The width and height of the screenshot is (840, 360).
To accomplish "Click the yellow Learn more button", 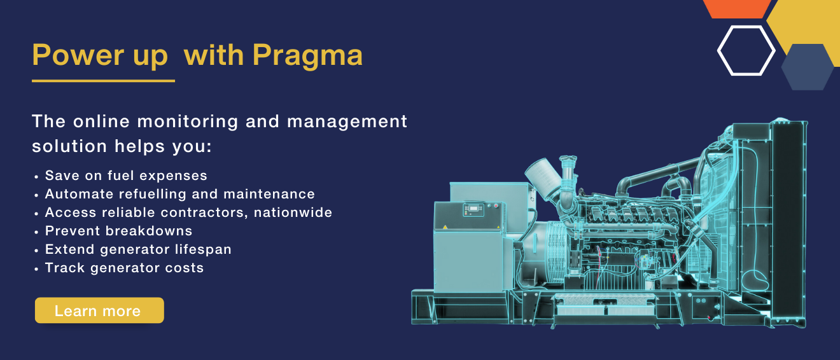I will coord(99,310).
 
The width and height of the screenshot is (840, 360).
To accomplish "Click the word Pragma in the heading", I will coord(308,56).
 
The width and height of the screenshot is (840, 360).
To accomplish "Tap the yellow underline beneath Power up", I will coord(103,81).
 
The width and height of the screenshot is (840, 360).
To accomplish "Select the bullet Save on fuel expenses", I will coord(126,176).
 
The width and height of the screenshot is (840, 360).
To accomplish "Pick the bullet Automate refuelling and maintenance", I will coord(180,194).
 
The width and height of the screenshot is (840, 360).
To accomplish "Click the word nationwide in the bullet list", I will coord(293,212).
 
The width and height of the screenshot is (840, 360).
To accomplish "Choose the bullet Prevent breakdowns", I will coord(118,231).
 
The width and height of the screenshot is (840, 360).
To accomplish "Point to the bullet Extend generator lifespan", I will coord(138,249).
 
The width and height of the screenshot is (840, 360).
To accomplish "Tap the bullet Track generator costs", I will coord(124,268).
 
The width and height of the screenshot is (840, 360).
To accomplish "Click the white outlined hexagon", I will coord(746,51).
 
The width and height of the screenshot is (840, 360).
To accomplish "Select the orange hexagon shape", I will coord(737,8).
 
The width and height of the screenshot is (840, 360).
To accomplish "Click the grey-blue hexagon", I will coord(807,67).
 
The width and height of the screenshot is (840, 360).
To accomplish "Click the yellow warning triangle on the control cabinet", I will coord(445,226).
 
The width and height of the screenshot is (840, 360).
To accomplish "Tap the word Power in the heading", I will coord(68,56).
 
